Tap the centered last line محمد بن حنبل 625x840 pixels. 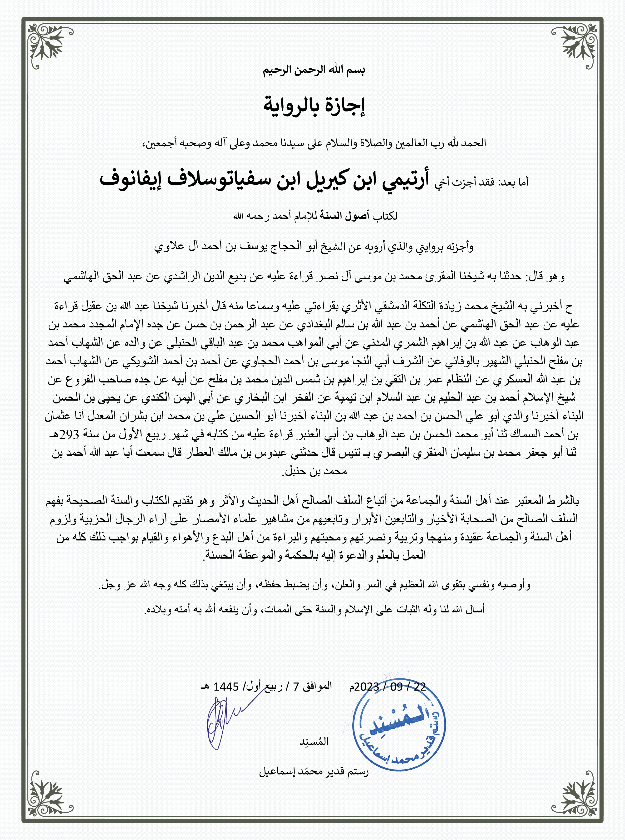tap(314, 472)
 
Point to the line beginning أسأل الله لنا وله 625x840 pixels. tap(314, 610)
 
